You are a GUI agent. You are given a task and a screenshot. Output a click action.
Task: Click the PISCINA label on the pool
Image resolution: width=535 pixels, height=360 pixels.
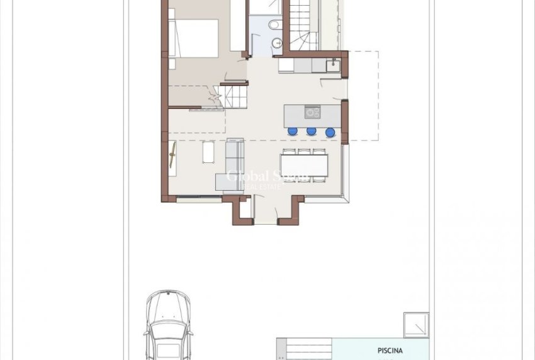pyautogui.click(x=390, y=351)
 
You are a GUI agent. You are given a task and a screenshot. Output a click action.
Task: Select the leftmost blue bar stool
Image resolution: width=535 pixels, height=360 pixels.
pyautogui.click(x=292, y=132)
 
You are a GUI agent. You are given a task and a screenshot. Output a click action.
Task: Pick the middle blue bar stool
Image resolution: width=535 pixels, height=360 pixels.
pyautogui.click(x=311, y=132)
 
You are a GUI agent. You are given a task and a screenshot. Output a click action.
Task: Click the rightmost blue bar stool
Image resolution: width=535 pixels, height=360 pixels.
pyautogui.click(x=330, y=132)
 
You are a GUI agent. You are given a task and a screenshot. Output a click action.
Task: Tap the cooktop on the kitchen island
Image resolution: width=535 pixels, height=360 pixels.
pyautogui.click(x=312, y=113)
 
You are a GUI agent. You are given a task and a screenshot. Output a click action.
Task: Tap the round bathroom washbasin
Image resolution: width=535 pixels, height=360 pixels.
pyautogui.click(x=275, y=43)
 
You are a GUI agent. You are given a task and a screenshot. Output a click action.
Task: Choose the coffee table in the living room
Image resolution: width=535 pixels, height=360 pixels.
pyautogui.click(x=208, y=153)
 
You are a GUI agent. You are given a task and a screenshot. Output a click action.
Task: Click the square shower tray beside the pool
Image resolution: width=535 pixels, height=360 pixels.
pyautogui.click(x=416, y=325)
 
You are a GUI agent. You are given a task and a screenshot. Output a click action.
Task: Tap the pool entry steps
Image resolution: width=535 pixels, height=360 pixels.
pyautogui.click(x=305, y=350)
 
